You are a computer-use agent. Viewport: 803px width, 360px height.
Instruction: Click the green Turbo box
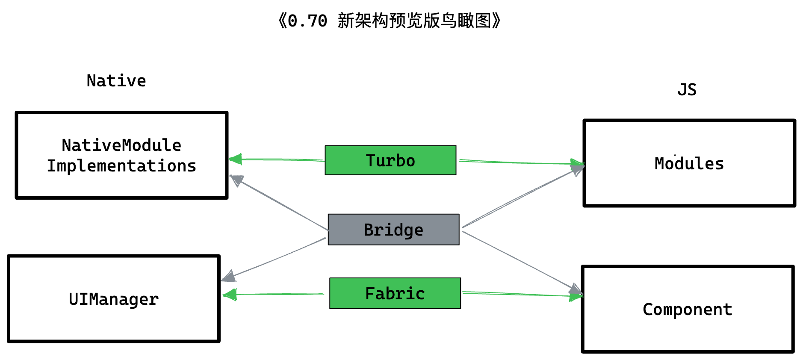390,160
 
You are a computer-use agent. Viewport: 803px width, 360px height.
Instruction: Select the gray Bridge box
393,230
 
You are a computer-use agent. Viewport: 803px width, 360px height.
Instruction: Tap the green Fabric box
395,293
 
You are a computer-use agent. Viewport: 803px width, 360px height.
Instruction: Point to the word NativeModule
121,145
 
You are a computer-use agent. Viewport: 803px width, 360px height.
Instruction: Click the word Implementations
121,166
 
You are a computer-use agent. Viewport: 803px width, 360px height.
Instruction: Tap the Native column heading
116,81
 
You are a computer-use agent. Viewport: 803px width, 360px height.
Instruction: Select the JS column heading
687,90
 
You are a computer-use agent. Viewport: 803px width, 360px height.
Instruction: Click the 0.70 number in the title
307,21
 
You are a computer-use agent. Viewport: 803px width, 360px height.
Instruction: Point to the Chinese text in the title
414,21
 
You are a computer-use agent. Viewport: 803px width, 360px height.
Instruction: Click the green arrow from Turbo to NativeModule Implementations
278,159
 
